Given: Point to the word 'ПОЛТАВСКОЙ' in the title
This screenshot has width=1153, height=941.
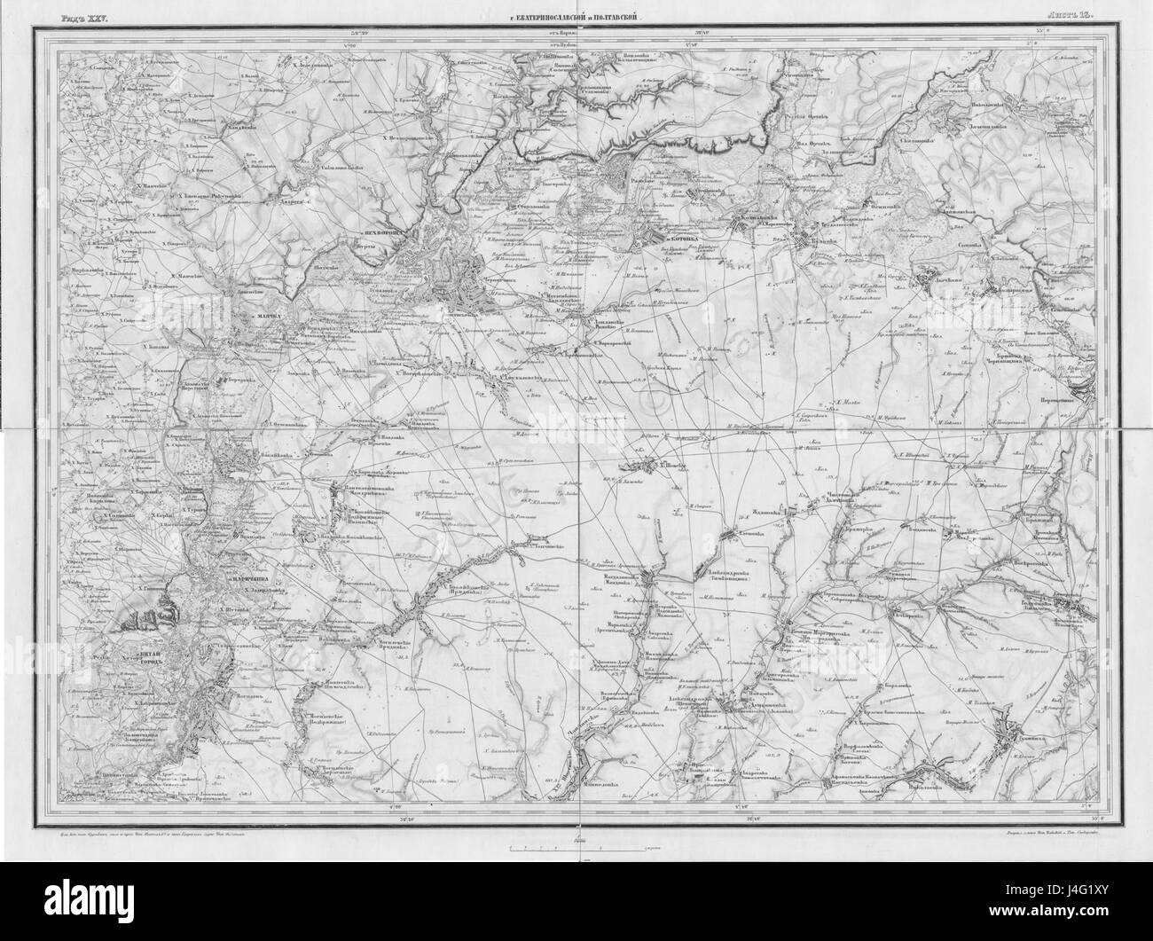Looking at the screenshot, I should click(x=613, y=17).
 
